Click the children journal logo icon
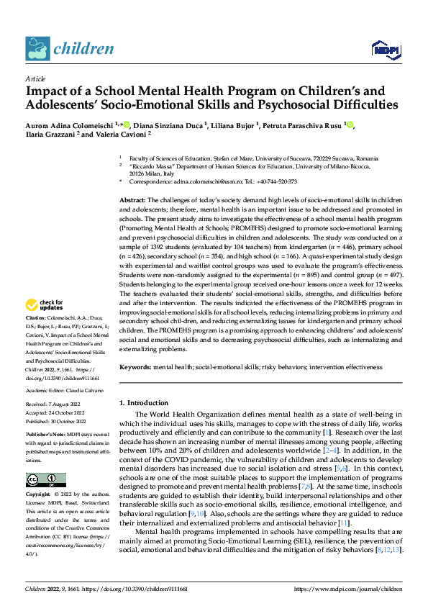click(37, 49)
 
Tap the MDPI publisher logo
click(384, 49)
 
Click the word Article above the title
click(35, 78)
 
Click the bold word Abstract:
click(133, 199)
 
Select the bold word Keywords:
click(135, 366)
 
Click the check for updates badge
click(44, 325)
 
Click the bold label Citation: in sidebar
click(37, 338)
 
